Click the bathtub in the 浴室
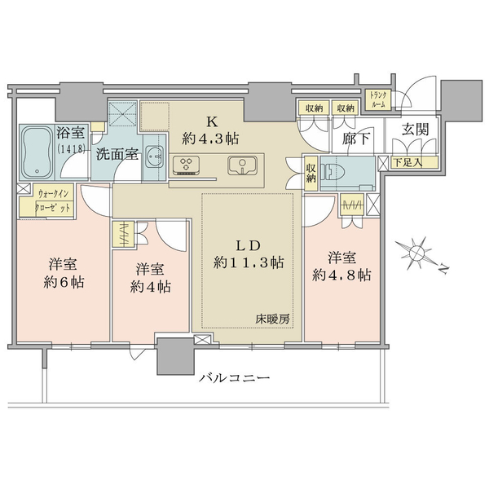pos(37,152)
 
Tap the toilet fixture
pos(334,171)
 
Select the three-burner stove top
pos(186,164)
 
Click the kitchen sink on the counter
pos(242,165)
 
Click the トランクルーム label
pos(378,99)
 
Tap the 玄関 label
pos(415,129)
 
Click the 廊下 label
pos(356,139)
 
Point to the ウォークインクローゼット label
pos(53,200)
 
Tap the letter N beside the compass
pos(443,269)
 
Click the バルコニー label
pos(235,379)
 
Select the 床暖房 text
pos(272,319)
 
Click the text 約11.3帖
pos(249,262)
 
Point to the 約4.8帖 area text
pos(341,275)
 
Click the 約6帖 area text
pos(64,282)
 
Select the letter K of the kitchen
pos(212,122)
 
